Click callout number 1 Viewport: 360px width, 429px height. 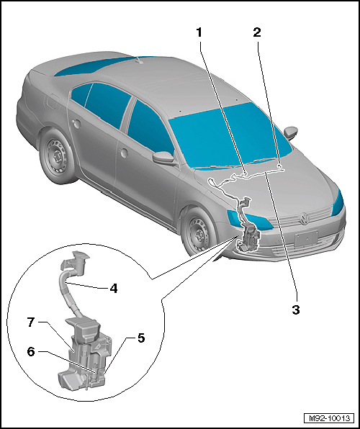pyautogui.click(x=199, y=32)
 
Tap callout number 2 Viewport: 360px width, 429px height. pyautogui.click(x=257, y=32)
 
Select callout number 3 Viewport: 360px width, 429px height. pyautogui.click(x=296, y=310)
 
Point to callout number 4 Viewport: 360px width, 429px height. pyautogui.click(x=114, y=288)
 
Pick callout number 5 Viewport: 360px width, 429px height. pyautogui.click(x=141, y=338)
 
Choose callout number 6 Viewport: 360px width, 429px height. pyautogui.click(x=31, y=352)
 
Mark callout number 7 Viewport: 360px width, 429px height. pyautogui.click(x=31, y=322)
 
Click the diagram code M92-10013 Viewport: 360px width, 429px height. pyautogui.click(x=329, y=418)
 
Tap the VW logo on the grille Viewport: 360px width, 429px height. pyautogui.click(x=304, y=219)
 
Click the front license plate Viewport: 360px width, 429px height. pyautogui.click(x=306, y=238)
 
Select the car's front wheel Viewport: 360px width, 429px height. pyautogui.click(x=197, y=232)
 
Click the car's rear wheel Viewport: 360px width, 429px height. pyautogui.click(x=57, y=156)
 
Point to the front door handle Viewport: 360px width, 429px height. pyautogui.click(x=124, y=153)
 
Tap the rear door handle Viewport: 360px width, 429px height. pyautogui.click(x=77, y=124)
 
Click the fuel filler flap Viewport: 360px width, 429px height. pyautogui.click(x=53, y=101)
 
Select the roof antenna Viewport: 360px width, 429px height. pyautogui.click(x=139, y=60)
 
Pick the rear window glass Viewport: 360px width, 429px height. pyautogui.click(x=94, y=66)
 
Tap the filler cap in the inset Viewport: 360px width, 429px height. pyautogui.click(x=76, y=259)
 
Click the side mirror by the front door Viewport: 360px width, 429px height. pyautogui.click(x=163, y=158)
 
